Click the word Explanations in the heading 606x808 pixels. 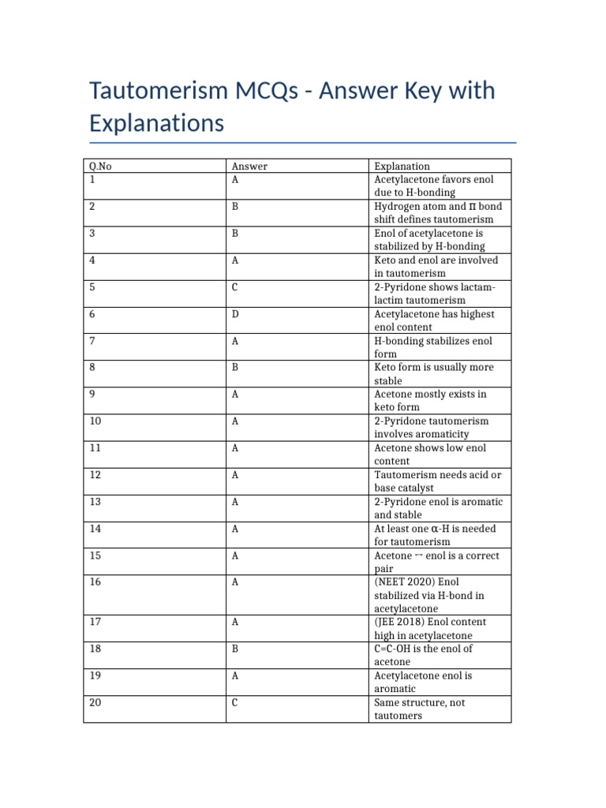tap(156, 123)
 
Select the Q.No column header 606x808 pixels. tap(100, 166)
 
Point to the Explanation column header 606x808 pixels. tap(402, 166)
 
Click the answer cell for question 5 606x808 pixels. tap(234, 287)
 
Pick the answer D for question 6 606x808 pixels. tap(234, 314)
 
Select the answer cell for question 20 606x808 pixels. tap(234, 703)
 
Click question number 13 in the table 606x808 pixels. tap(95, 502)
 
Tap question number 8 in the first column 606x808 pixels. tap(92, 368)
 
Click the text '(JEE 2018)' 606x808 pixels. tap(399, 623)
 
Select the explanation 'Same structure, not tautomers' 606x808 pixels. tap(419, 709)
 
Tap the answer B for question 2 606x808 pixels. tap(234, 207)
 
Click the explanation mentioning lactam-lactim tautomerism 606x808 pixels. tap(434, 294)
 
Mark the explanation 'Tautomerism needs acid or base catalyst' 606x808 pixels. tap(437, 481)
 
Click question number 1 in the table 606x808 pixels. tap(92, 180)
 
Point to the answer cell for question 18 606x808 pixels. tap(234, 649)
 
